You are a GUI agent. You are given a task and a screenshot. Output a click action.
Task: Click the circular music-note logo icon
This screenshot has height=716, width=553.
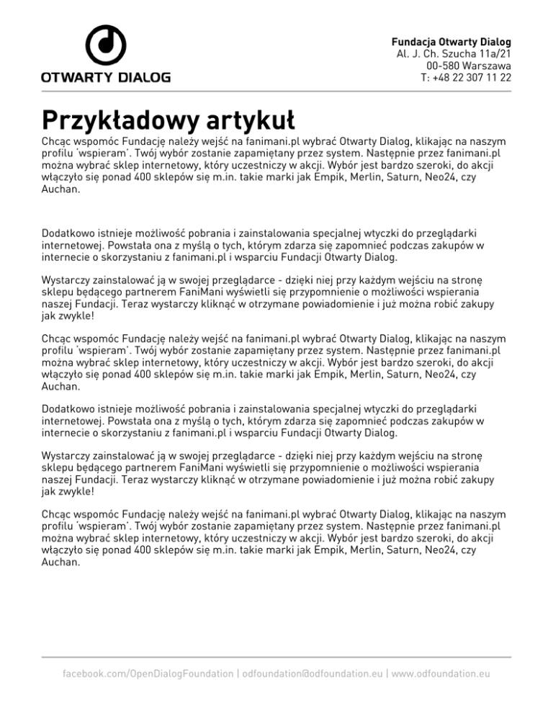106,45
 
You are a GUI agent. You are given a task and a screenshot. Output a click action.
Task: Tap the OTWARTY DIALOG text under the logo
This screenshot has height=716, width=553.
106,76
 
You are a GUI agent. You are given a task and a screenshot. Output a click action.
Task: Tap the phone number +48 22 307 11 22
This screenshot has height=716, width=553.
472,78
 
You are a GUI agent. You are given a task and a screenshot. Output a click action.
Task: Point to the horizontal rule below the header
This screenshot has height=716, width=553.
276,91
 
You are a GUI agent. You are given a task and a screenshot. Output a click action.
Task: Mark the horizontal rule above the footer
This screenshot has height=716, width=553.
276,657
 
